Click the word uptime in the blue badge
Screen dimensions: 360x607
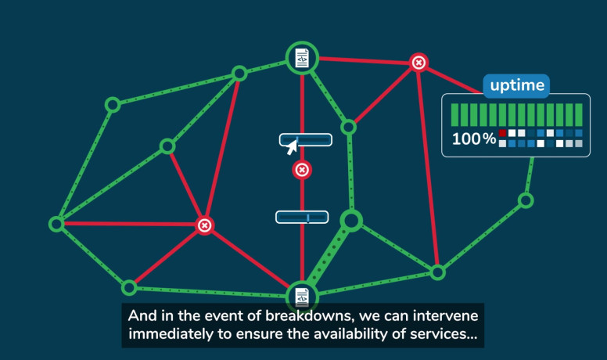515,85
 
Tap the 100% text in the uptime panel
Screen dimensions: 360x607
474,139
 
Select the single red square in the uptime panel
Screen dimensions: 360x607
503,133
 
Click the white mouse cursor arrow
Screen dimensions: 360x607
292,146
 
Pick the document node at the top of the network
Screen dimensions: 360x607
302,58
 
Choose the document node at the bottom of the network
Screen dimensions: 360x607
302,297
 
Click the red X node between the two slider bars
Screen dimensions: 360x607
302,170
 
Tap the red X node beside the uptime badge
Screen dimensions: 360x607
419,62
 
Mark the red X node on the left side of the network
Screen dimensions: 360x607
204,225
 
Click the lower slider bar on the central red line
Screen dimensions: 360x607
302,217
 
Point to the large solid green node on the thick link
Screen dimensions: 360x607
352,221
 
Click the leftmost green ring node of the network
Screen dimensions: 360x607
56,224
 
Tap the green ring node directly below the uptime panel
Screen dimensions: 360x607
526,200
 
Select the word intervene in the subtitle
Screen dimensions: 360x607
443,317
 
